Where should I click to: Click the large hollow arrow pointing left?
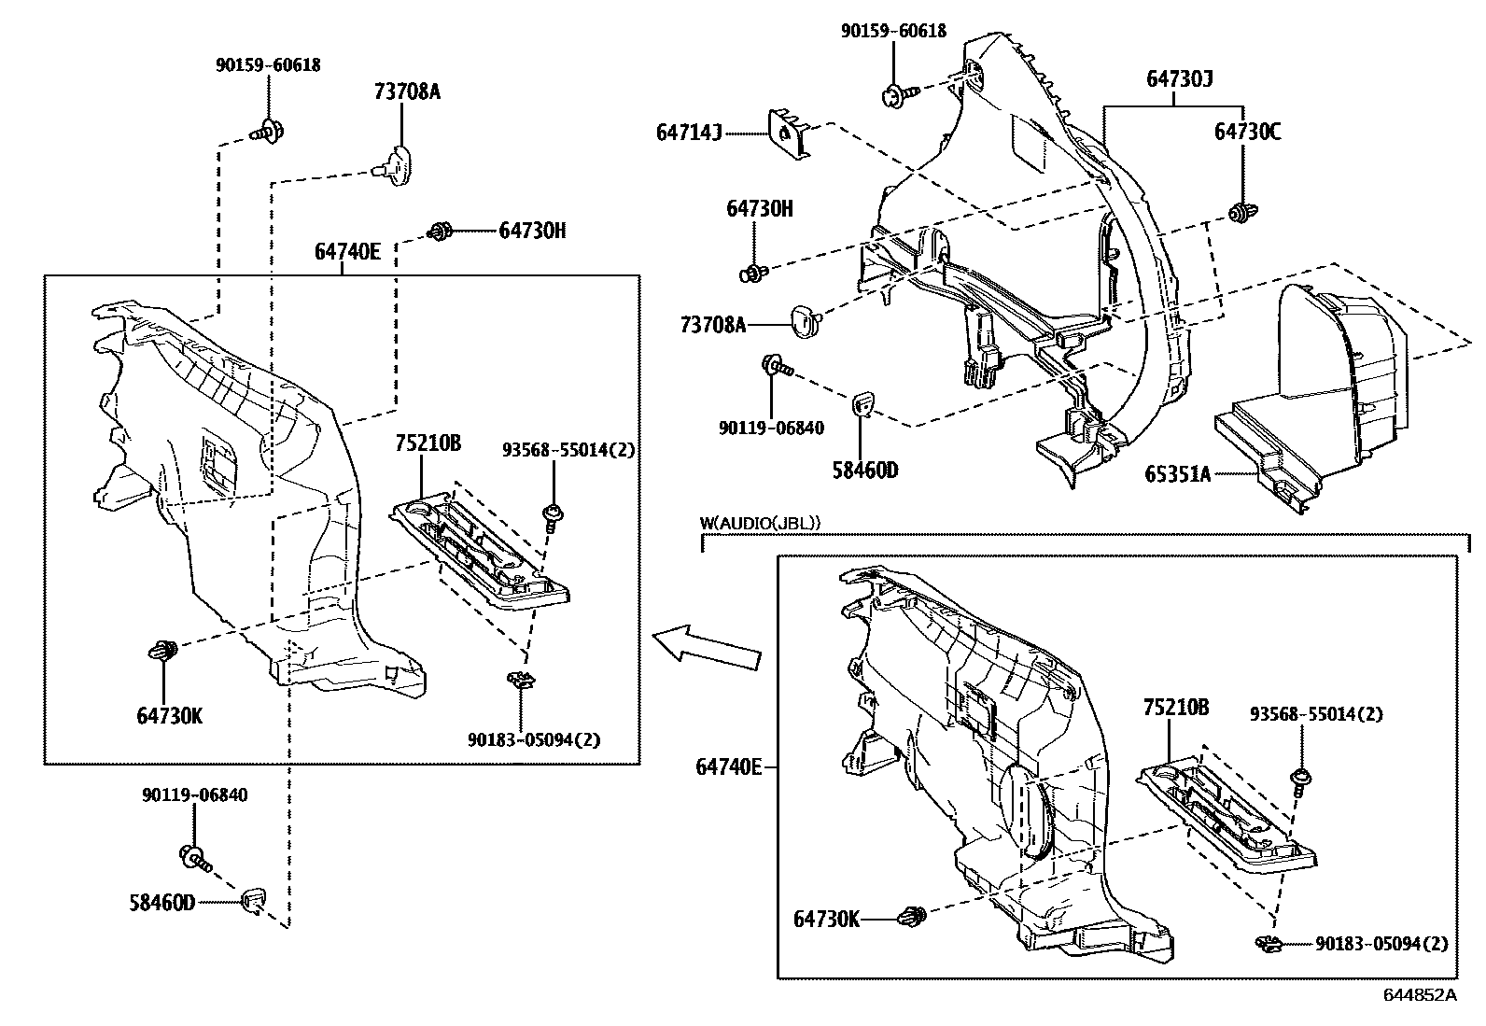pyautogui.click(x=706, y=646)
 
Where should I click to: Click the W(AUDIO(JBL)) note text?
pyautogui.click(x=760, y=524)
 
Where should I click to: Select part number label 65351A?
pyautogui.click(x=1177, y=473)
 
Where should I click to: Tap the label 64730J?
pyautogui.click(x=1179, y=79)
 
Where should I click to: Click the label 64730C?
pyautogui.click(x=1246, y=132)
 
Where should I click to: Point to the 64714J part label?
pyautogui.click(x=689, y=134)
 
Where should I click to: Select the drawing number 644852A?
pyautogui.click(x=1419, y=994)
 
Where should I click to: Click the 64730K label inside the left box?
pyautogui.click(x=169, y=716)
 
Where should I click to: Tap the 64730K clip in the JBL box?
pyautogui.click(x=914, y=917)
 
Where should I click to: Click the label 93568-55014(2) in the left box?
pyautogui.click(x=568, y=450)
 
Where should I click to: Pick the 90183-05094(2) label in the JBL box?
pyautogui.click(x=1381, y=944)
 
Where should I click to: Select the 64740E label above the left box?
pyautogui.click(x=347, y=250)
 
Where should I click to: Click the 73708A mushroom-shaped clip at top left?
pyautogui.click(x=396, y=162)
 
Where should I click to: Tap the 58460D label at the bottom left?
pyautogui.click(x=161, y=903)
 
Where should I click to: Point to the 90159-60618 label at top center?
pyautogui.click(x=893, y=31)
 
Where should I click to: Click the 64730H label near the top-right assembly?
pyautogui.click(x=759, y=208)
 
